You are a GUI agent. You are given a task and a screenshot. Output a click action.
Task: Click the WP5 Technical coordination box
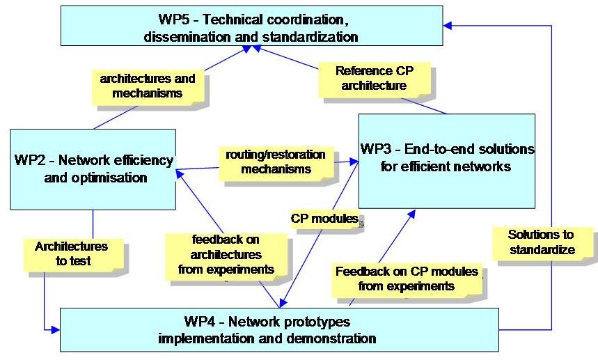point(251,26)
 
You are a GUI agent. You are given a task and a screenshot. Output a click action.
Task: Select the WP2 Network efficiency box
point(93,169)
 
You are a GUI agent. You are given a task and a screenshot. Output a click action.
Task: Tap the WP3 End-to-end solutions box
point(446,160)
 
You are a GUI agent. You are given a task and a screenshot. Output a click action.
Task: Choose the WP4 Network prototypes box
point(278,329)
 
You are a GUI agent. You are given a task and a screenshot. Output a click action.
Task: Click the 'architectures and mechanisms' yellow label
point(147,86)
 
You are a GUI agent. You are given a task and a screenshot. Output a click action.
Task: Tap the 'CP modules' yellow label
point(324,218)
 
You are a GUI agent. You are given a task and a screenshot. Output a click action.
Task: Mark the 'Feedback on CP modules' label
point(406,278)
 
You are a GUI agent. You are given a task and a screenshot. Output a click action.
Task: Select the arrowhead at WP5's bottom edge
point(255,49)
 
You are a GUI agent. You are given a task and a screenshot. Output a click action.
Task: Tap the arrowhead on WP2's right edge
point(180,170)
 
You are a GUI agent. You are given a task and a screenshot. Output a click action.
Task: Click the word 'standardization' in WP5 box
point(313,36)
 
